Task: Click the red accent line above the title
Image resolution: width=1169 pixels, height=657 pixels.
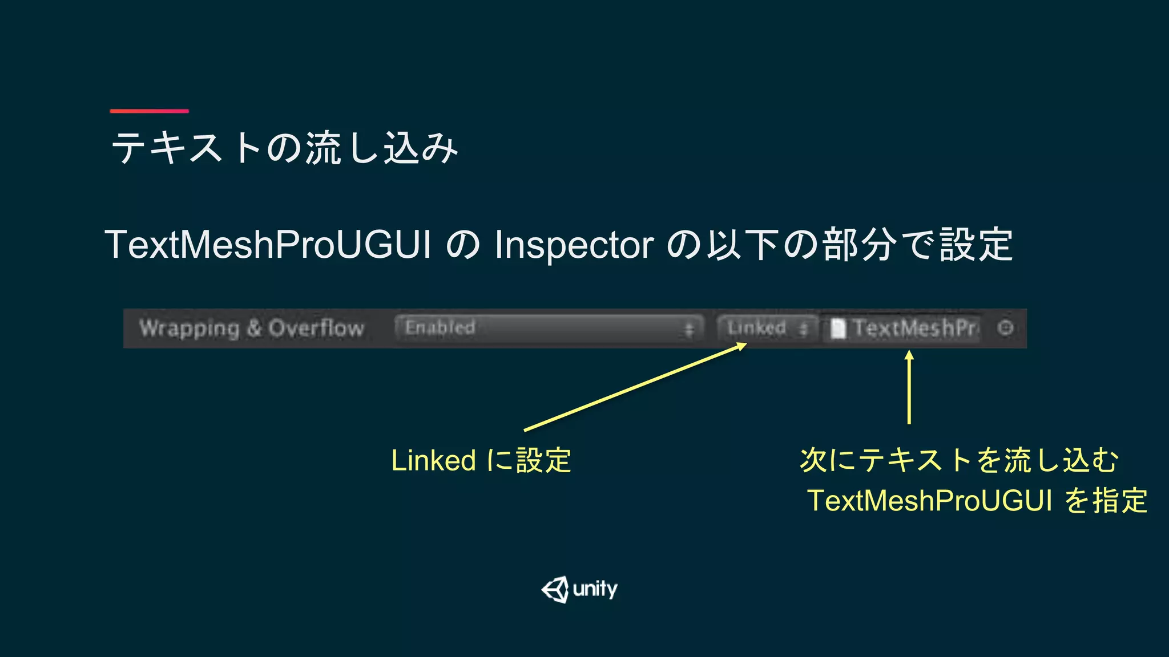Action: point(149,111)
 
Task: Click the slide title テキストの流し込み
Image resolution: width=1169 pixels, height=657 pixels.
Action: point(284,148)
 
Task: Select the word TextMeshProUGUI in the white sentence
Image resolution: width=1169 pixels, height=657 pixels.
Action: point(268,245)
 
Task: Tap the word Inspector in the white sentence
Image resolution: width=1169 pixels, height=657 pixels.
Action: point(574,245)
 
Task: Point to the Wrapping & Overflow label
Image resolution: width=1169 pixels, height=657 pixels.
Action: point(252,328)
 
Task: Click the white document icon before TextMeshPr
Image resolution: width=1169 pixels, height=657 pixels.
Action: point(837,328)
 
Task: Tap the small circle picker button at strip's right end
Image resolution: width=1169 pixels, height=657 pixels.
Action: point(1005,328)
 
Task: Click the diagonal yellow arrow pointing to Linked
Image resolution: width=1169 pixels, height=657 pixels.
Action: point(634,388)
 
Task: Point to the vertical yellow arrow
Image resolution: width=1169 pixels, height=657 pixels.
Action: point(909,388)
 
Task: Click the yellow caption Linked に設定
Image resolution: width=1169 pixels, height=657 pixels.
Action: point(481,460)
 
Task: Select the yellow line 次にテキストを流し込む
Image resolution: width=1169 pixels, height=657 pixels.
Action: point(959,460)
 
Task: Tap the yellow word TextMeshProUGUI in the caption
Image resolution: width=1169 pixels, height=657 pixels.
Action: point(929,501)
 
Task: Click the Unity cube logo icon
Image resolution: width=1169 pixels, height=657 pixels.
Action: point(555,589)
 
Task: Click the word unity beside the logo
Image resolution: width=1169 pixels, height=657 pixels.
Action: point(595,589)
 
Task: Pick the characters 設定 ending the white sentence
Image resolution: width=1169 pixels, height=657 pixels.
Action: point(976,245)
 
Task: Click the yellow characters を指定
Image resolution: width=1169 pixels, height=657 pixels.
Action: point(1106,501)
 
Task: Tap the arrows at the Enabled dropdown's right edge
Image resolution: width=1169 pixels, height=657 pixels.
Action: point(689,330)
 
